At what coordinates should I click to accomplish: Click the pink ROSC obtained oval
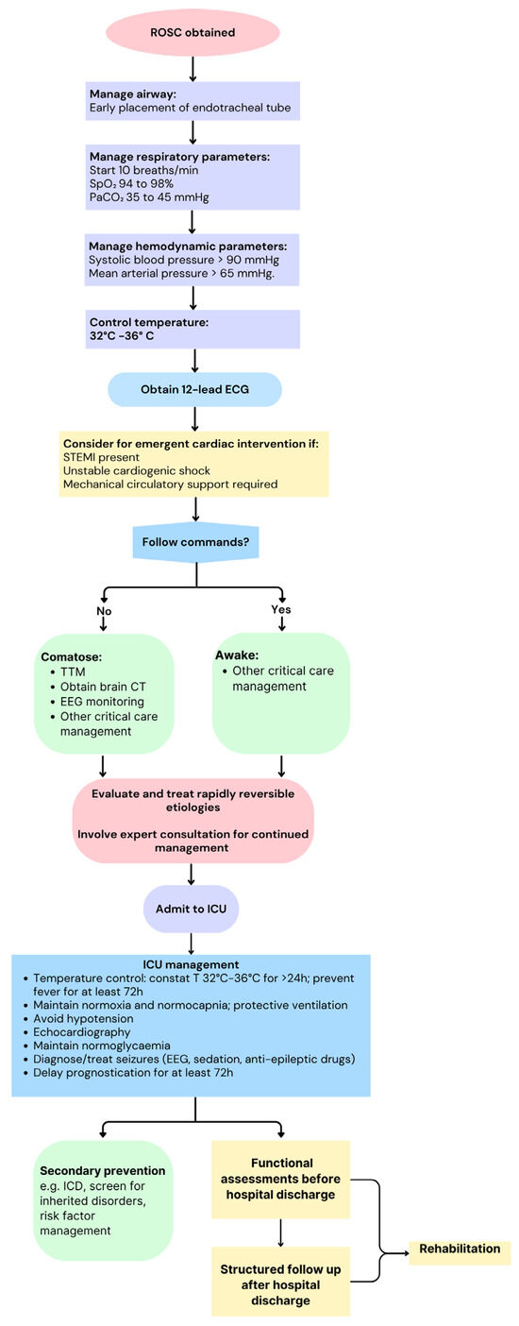click(x=192, y=32)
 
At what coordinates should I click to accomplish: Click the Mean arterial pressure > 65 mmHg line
click(x=183, y=274)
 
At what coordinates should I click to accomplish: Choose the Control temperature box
click(x=193, y=329)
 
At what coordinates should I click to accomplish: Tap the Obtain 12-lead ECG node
click(x=194, y=389)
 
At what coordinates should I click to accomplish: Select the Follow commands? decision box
click(x=195, y=542)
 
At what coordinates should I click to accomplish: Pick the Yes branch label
click(x=280, y=610)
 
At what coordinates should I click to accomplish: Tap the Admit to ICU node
click(x=192, y=909)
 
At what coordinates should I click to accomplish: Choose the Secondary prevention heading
click(x=103, y=1171)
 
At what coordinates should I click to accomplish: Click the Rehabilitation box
click(x=460, y=1249)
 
